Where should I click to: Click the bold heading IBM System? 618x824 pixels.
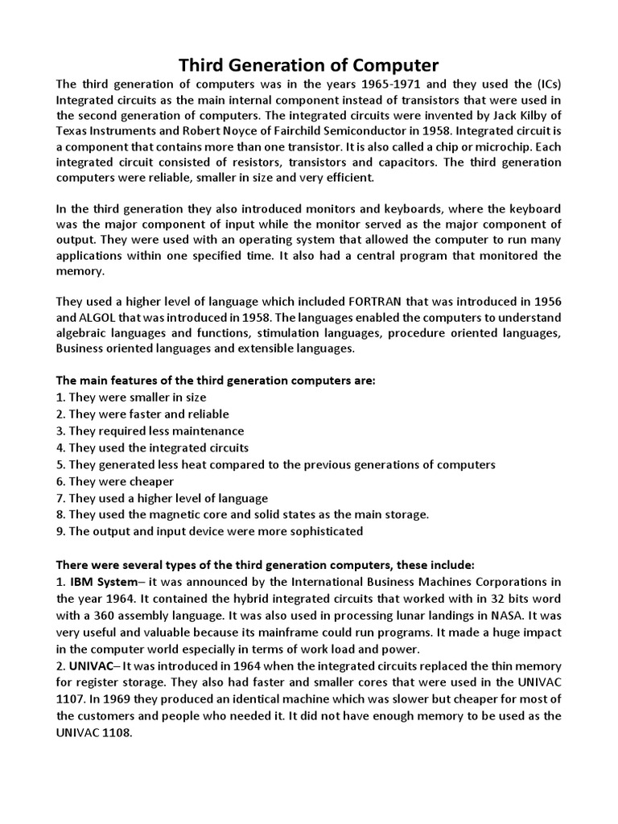[x=112, y=581]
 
